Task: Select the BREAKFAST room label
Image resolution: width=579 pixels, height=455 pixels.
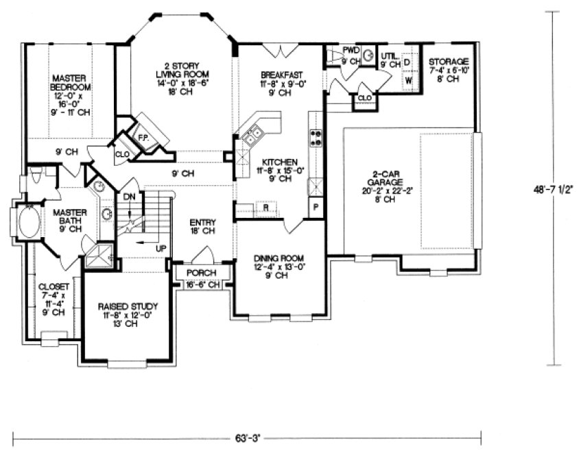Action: coord(282,74)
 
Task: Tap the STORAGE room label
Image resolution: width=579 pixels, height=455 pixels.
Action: coord(450,62)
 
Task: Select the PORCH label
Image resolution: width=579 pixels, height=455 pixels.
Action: coord(202,272)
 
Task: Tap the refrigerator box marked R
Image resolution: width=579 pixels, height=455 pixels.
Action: coord(265,206)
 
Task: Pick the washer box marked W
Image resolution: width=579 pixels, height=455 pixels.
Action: coord(408,79)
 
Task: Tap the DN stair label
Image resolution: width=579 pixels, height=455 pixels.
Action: coord(129,197)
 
